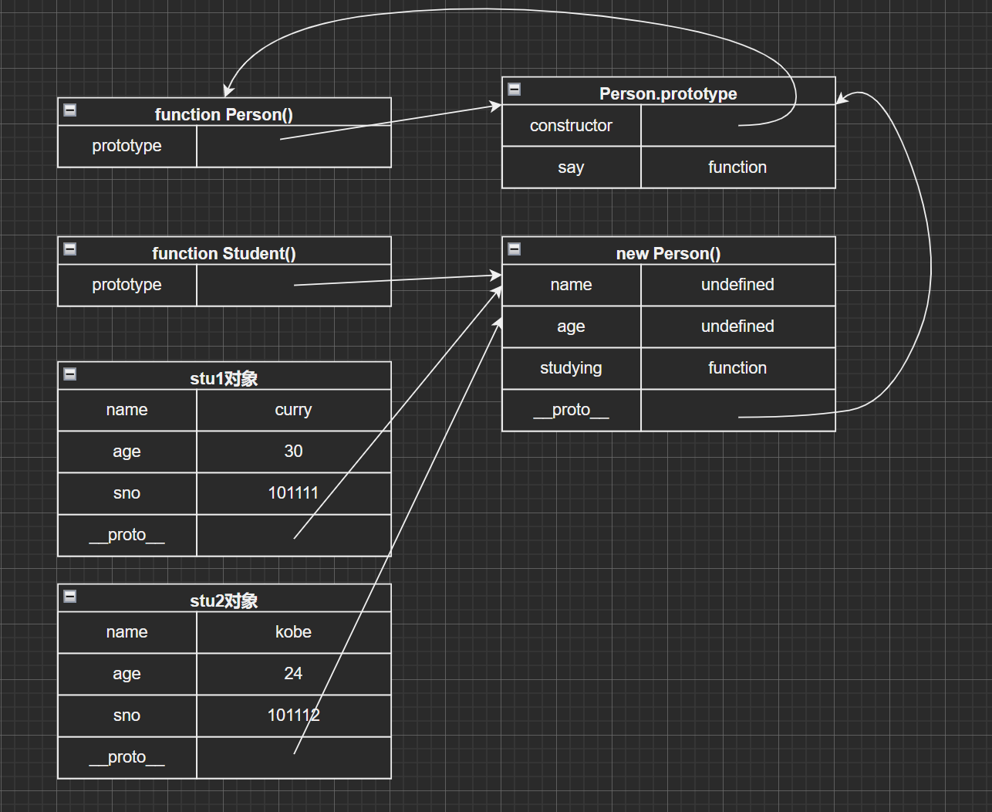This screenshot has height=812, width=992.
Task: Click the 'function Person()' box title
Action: (x=224, y=114)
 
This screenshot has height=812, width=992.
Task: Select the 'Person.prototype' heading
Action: (x=668, y=93)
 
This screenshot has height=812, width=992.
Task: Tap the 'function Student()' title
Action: (x=224, y=253)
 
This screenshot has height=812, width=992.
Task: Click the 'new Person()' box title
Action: (x=668, y=253)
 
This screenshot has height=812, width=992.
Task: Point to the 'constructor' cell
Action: (x=571, y=126)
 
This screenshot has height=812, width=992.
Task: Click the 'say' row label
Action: (x=571, y=167)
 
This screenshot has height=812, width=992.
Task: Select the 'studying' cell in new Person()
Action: (x=571, y=368)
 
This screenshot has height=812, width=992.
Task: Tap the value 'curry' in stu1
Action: (x=293, y=410)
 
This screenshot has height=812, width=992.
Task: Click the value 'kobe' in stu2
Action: (x=293, y=632)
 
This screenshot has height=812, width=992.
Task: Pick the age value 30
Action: (x=293, y=452)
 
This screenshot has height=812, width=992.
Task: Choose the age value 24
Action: (x=293, y=674)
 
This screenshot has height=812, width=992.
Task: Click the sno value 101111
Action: (x=293, y=493)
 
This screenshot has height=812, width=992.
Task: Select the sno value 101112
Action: (x=293, y=716)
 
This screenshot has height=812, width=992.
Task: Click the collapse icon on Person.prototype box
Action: (x=515, y=90)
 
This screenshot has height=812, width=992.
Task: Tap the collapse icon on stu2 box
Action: (x=70, y=597)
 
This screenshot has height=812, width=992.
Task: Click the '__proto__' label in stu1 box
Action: (x=127, y=535)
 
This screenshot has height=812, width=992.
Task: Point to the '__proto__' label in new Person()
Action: (x=571, y=410)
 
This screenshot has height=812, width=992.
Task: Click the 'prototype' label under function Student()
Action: (x=127, y=285)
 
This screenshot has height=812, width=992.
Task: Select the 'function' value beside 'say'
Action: (x=737, y=167)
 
